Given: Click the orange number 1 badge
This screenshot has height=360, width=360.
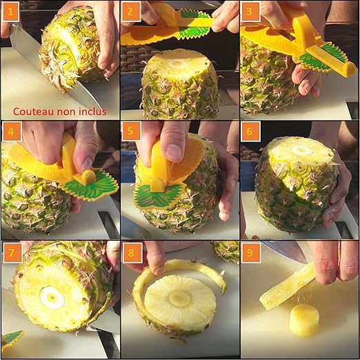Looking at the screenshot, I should click(10, 10).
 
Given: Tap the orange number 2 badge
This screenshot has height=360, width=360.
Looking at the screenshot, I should click(130, 10).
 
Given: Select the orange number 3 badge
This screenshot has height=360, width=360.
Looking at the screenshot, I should click(250, 10).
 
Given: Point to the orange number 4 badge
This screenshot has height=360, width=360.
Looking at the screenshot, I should click(10, 130).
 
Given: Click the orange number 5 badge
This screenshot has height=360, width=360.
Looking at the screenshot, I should click(130, 130).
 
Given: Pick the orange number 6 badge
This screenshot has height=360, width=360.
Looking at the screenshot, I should click(250, 130).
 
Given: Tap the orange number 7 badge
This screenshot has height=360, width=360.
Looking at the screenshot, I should click(10, 250).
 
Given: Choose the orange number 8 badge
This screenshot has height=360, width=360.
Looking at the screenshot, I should click(130, 250).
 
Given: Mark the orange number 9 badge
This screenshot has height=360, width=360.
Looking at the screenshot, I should click(250, 250).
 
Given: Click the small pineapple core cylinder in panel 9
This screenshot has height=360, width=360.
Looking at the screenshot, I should click(304, 321).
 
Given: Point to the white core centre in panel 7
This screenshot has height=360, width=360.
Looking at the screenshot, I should click(52, 297).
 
